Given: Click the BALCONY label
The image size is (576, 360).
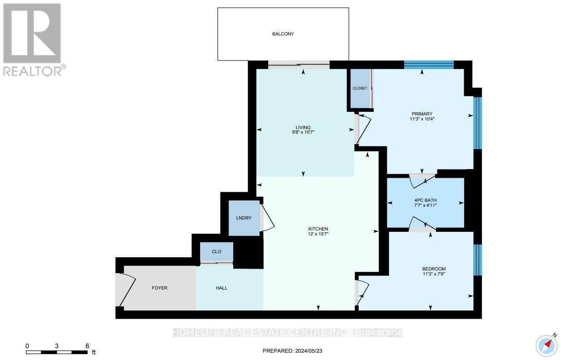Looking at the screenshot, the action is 283,34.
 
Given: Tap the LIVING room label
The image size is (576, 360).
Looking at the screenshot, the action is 303,128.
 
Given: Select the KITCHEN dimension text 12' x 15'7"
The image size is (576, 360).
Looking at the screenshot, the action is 318,234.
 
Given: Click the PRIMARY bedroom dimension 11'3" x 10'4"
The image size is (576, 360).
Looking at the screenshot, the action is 422,119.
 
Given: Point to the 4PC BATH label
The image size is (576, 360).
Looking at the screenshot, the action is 426,200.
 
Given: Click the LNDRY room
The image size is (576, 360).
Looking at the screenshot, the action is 244,218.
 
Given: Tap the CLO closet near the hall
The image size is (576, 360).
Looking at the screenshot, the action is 216,252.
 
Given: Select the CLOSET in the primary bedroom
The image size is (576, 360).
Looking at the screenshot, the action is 360,89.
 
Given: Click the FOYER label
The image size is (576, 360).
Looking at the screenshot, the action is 160,288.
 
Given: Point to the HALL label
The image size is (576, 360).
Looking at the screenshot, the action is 221,288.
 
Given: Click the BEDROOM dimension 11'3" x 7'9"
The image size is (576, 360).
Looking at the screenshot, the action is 434,274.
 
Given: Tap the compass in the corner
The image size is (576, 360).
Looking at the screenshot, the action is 547,345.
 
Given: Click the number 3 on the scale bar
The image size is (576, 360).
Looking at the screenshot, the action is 56,346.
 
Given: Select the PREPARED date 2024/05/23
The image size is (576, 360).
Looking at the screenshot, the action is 309,351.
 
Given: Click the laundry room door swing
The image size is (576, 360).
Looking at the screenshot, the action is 267,217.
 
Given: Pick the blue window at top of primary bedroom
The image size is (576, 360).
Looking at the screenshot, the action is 429,65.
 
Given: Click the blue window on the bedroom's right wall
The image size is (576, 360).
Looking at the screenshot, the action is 477,260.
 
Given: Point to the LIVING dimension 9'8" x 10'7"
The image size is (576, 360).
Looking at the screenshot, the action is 303,132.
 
